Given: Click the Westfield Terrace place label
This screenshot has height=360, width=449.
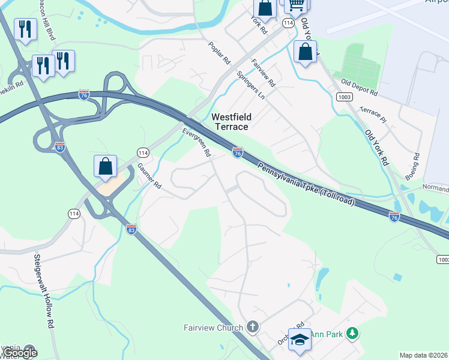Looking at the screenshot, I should pyautogui.click(x=231, y=121).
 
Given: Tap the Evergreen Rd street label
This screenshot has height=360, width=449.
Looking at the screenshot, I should pyautogui.click(x=197, y=142).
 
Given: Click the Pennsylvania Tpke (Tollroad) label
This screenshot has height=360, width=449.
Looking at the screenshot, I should pyautogui.click(x=306, y=182).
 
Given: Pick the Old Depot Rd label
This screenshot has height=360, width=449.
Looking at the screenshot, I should pyautogui.click(x=358, y=88).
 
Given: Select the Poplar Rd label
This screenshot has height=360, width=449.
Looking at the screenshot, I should pyautogui.click(x=220, y=52).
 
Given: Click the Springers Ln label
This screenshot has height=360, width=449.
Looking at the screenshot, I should pyautogui.click(x=250, y=85).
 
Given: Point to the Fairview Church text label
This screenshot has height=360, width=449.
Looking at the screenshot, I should pyautogui.click(x=213, y=328).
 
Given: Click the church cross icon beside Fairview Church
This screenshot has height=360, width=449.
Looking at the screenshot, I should pyautogui.click(x=253, y=327).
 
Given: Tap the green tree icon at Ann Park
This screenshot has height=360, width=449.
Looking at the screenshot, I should pyautogui.click(x=354, y=332).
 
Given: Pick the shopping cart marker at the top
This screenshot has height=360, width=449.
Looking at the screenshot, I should pyautogui.click(x=296, y=5).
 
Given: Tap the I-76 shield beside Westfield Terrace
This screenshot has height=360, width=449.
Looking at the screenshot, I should pyautogui.click(x=238, y=153).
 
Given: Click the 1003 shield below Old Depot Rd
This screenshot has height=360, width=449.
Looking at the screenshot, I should pyautogui.click(x=344, y=97).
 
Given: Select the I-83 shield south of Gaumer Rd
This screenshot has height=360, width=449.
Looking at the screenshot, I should pyautogui.click(x=131, y=229).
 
